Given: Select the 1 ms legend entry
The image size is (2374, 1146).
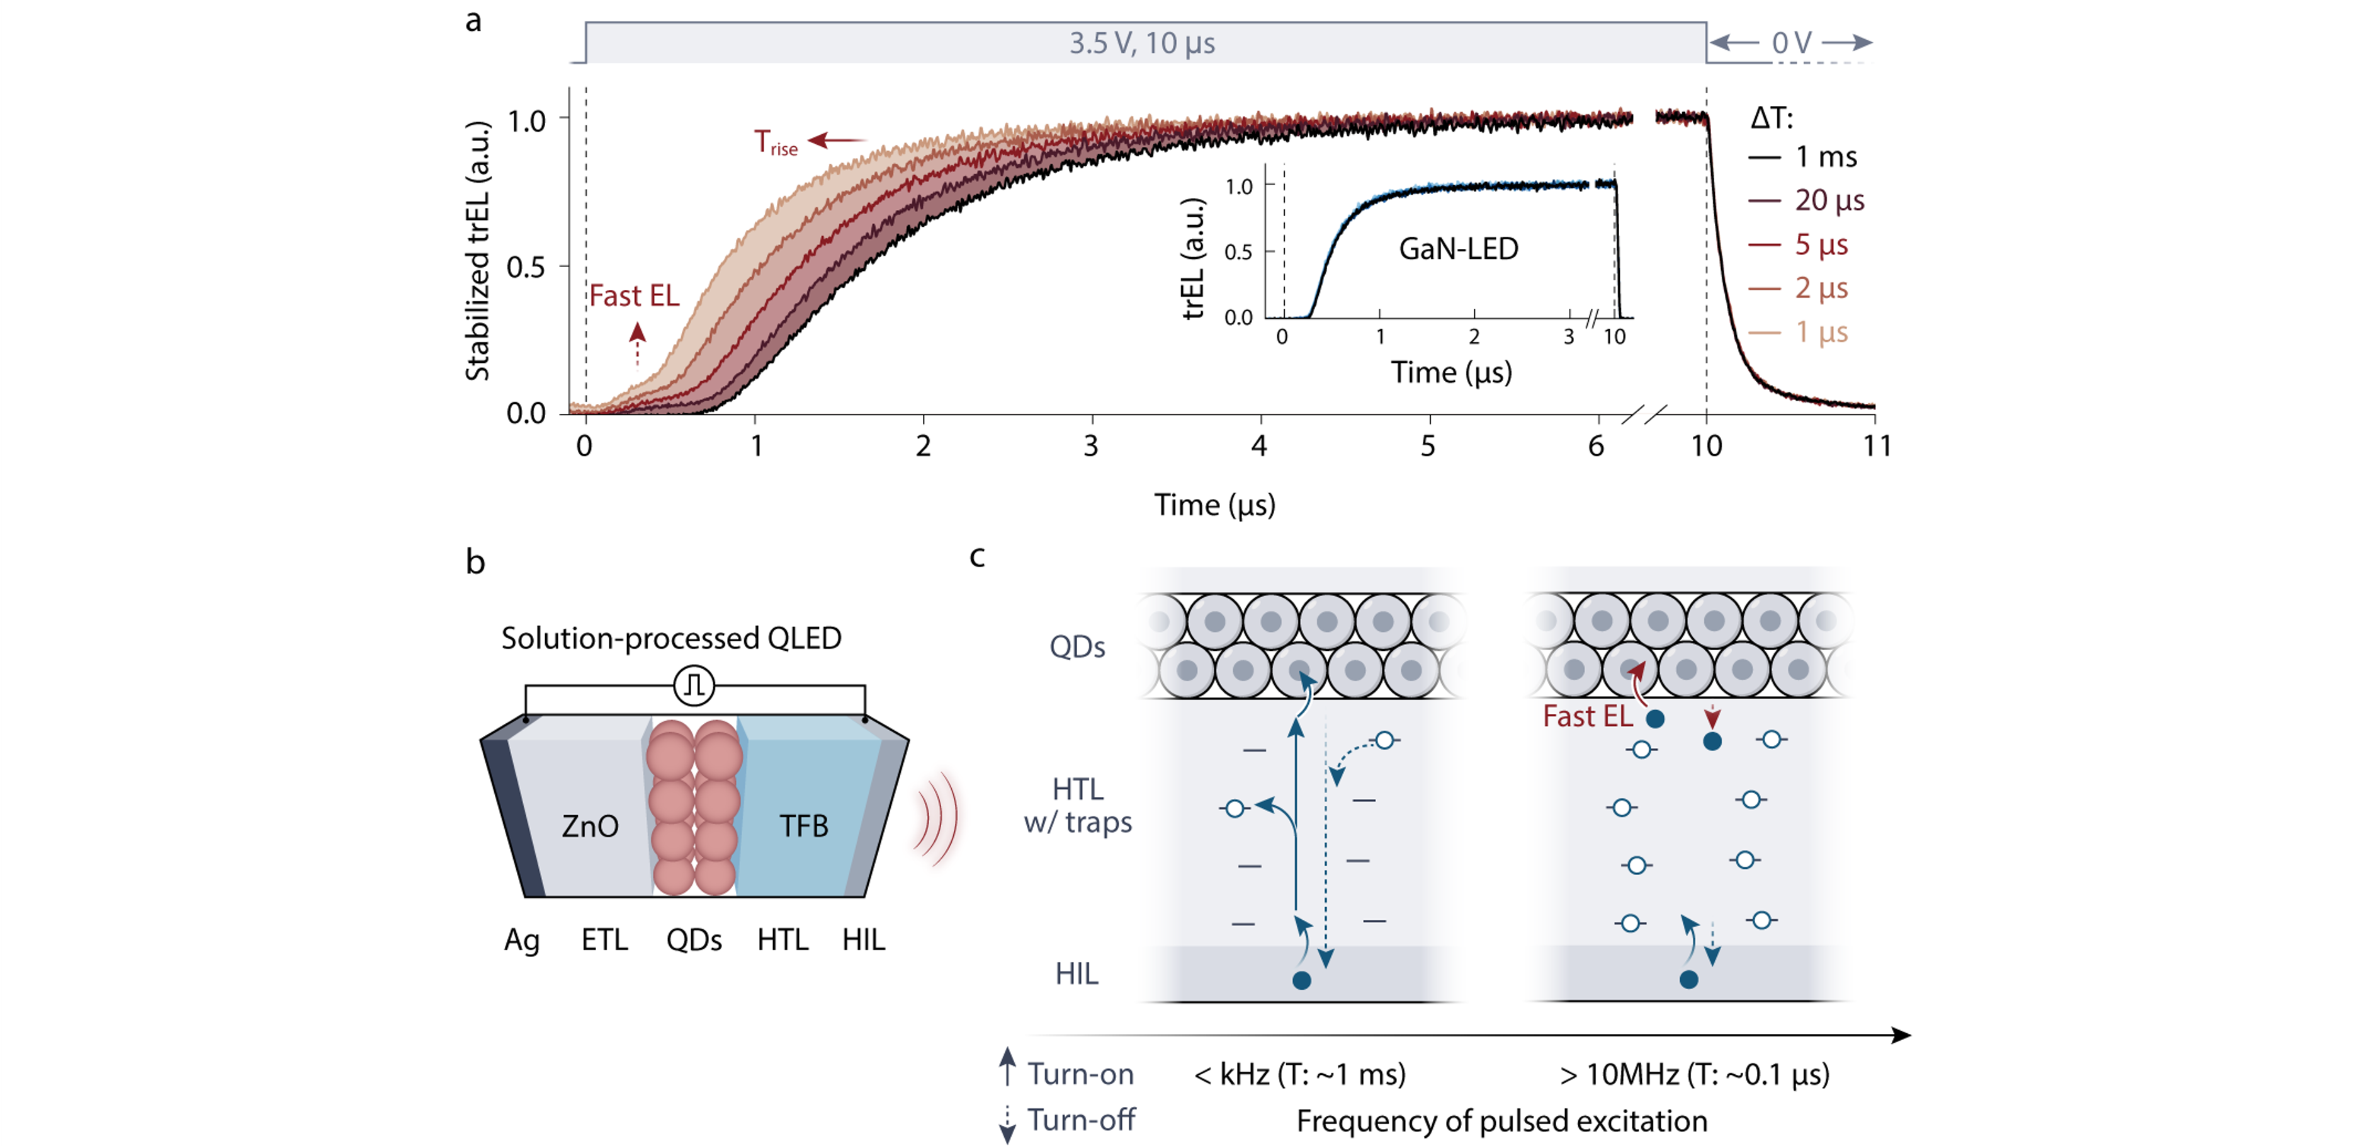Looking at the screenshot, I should click(x=1825, y=157).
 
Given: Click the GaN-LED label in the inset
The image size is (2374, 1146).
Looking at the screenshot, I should click(x=1458, y=249).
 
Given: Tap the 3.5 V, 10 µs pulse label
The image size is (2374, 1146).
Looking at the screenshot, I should click(x=1142, y=43).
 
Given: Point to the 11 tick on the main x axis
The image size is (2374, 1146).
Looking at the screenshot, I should click(x=1876, y=446).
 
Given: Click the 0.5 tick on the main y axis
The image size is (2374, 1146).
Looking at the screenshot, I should click(x=526, y=267).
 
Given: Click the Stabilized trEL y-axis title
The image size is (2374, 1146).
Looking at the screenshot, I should click(x=477, y=251).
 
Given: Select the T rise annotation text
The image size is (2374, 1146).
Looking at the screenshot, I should click(x=775, y=143).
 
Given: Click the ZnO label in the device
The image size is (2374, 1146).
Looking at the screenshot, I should click(x=590, y=826).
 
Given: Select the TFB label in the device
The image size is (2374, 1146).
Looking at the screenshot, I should click(x=804, y=826).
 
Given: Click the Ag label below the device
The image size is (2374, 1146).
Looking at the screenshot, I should click(x=522, y=941).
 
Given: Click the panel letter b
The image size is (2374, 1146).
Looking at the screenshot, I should click(x=475, y=561).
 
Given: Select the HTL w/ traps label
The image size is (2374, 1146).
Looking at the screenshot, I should click(x=1077, y=806).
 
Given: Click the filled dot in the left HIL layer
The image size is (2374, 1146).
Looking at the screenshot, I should click(x=1301, y=980).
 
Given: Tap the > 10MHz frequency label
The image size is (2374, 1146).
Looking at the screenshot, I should click(x=1694, y=1074).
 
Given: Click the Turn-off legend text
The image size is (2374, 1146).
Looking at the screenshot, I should click(x=1081, y=1120).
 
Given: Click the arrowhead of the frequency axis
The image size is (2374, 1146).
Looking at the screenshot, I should click(x=1902, y=1035).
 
